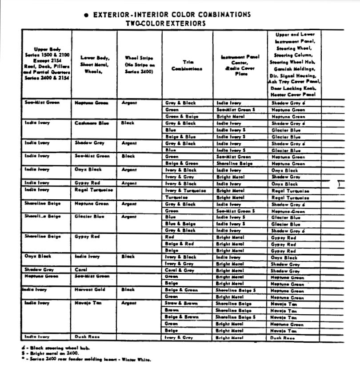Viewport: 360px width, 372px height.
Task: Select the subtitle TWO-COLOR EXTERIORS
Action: (x=166, y=23)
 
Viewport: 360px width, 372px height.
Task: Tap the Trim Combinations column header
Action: (x=187, y=66)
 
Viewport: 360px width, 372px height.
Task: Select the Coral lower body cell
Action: (x=80, y=269)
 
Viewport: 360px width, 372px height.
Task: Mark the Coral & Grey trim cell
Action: (x=180, y=270)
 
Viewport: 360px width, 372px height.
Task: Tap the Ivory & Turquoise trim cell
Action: (x=185, y=190)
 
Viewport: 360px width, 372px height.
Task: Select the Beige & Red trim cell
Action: (x=179, y=244)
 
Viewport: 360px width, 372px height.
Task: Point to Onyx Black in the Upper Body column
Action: (x=38, y=256)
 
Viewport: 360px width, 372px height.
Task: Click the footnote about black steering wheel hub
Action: (x=58, y=348)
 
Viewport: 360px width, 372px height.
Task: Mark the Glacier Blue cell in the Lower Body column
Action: (x=89, y=217)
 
